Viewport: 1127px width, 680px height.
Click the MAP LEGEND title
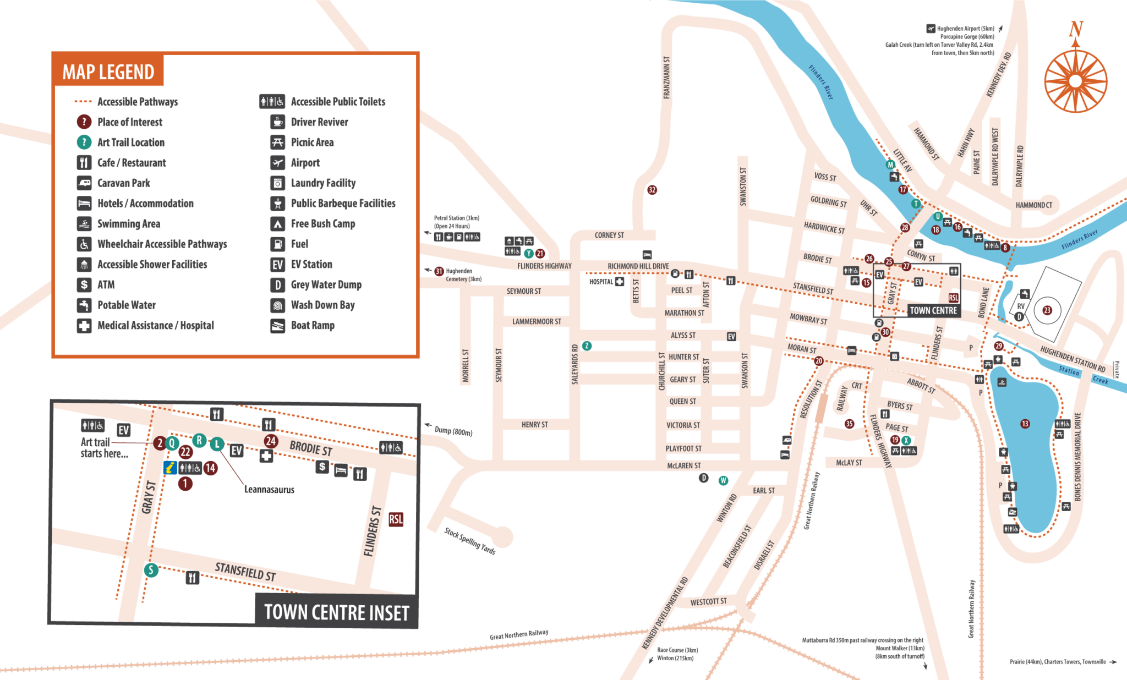(x=108, y=72)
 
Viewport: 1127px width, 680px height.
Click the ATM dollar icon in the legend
(x=84, y=284)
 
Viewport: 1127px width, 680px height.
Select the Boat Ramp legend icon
(x=278, y=326)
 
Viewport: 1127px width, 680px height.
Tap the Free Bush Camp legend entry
(x=322, y=224)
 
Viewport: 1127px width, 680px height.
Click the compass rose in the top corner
(x=1075, y=80)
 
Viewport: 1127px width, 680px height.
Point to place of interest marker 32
(x=652, y=190)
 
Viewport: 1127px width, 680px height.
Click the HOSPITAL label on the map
(x=601, y=282)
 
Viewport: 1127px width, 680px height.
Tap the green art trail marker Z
(x=587, y=346)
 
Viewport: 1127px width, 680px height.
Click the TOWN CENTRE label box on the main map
(x=933, y=310)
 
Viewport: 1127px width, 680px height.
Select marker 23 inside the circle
(x=1047, y=310)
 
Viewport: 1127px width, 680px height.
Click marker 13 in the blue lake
(x=1025, y=424)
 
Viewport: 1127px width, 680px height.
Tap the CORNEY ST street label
(x=609, y=235)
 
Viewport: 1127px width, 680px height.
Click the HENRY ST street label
(x=534, y=425)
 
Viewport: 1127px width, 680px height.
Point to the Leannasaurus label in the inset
(x=269, y=490)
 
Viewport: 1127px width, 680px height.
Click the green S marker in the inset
(x=151, y=570)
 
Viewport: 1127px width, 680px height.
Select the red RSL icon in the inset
(x=396, y=519)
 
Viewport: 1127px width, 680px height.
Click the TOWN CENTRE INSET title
(x=336, y=612)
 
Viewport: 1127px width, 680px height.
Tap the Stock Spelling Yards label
(x=470, y=541)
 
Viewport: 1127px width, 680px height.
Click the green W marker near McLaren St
(x=724, y=480)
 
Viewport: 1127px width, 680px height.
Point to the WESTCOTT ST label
(x=708, y=602)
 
